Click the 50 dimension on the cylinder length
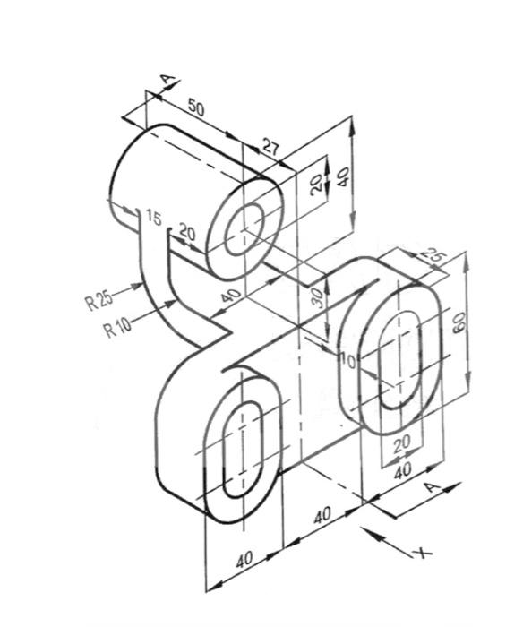coord(195,108)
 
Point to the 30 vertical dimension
coord(316,298)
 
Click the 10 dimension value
coord(347,362)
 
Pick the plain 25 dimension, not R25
coord(434,256)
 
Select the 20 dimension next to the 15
coord(187,230)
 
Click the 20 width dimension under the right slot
coord(400,442)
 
